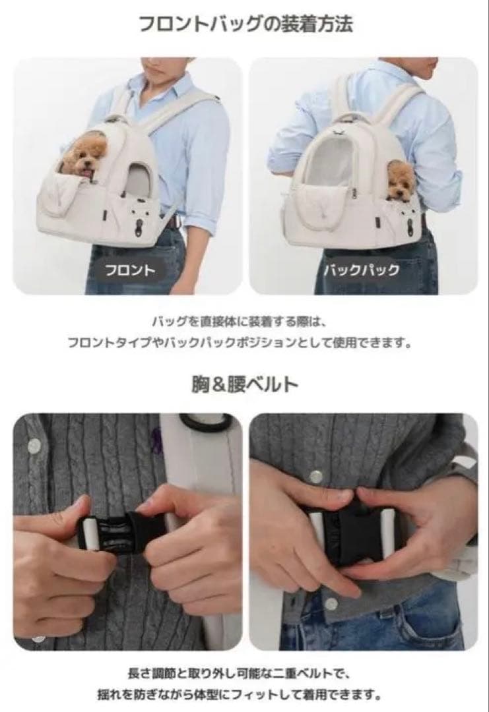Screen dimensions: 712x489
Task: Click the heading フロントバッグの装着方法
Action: [245, 25]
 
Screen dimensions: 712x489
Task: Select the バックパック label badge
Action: [360, 270]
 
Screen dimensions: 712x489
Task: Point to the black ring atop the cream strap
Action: [206, 423]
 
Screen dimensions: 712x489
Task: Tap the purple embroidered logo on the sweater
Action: [156, 436]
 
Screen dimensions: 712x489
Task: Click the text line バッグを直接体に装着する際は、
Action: [244, 322]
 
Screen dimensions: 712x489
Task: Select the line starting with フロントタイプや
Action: [244, 343]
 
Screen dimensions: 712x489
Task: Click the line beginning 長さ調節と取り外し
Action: [244, 674]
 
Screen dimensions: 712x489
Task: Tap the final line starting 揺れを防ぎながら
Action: [244, 695]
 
